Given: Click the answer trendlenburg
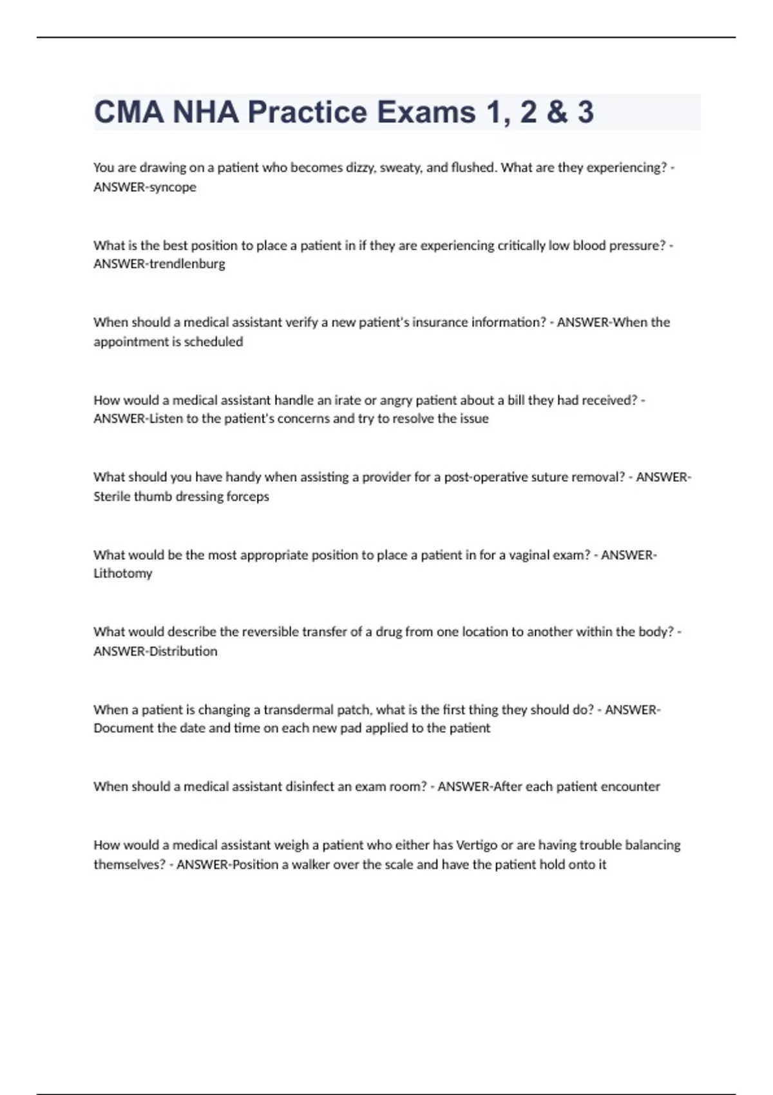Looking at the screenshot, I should coord(187,264).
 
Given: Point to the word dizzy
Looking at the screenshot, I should coord(360,167).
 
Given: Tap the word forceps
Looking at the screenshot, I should coord(247,497).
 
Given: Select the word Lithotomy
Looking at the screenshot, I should coord(123,573).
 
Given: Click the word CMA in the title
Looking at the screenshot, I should coord(129,112).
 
